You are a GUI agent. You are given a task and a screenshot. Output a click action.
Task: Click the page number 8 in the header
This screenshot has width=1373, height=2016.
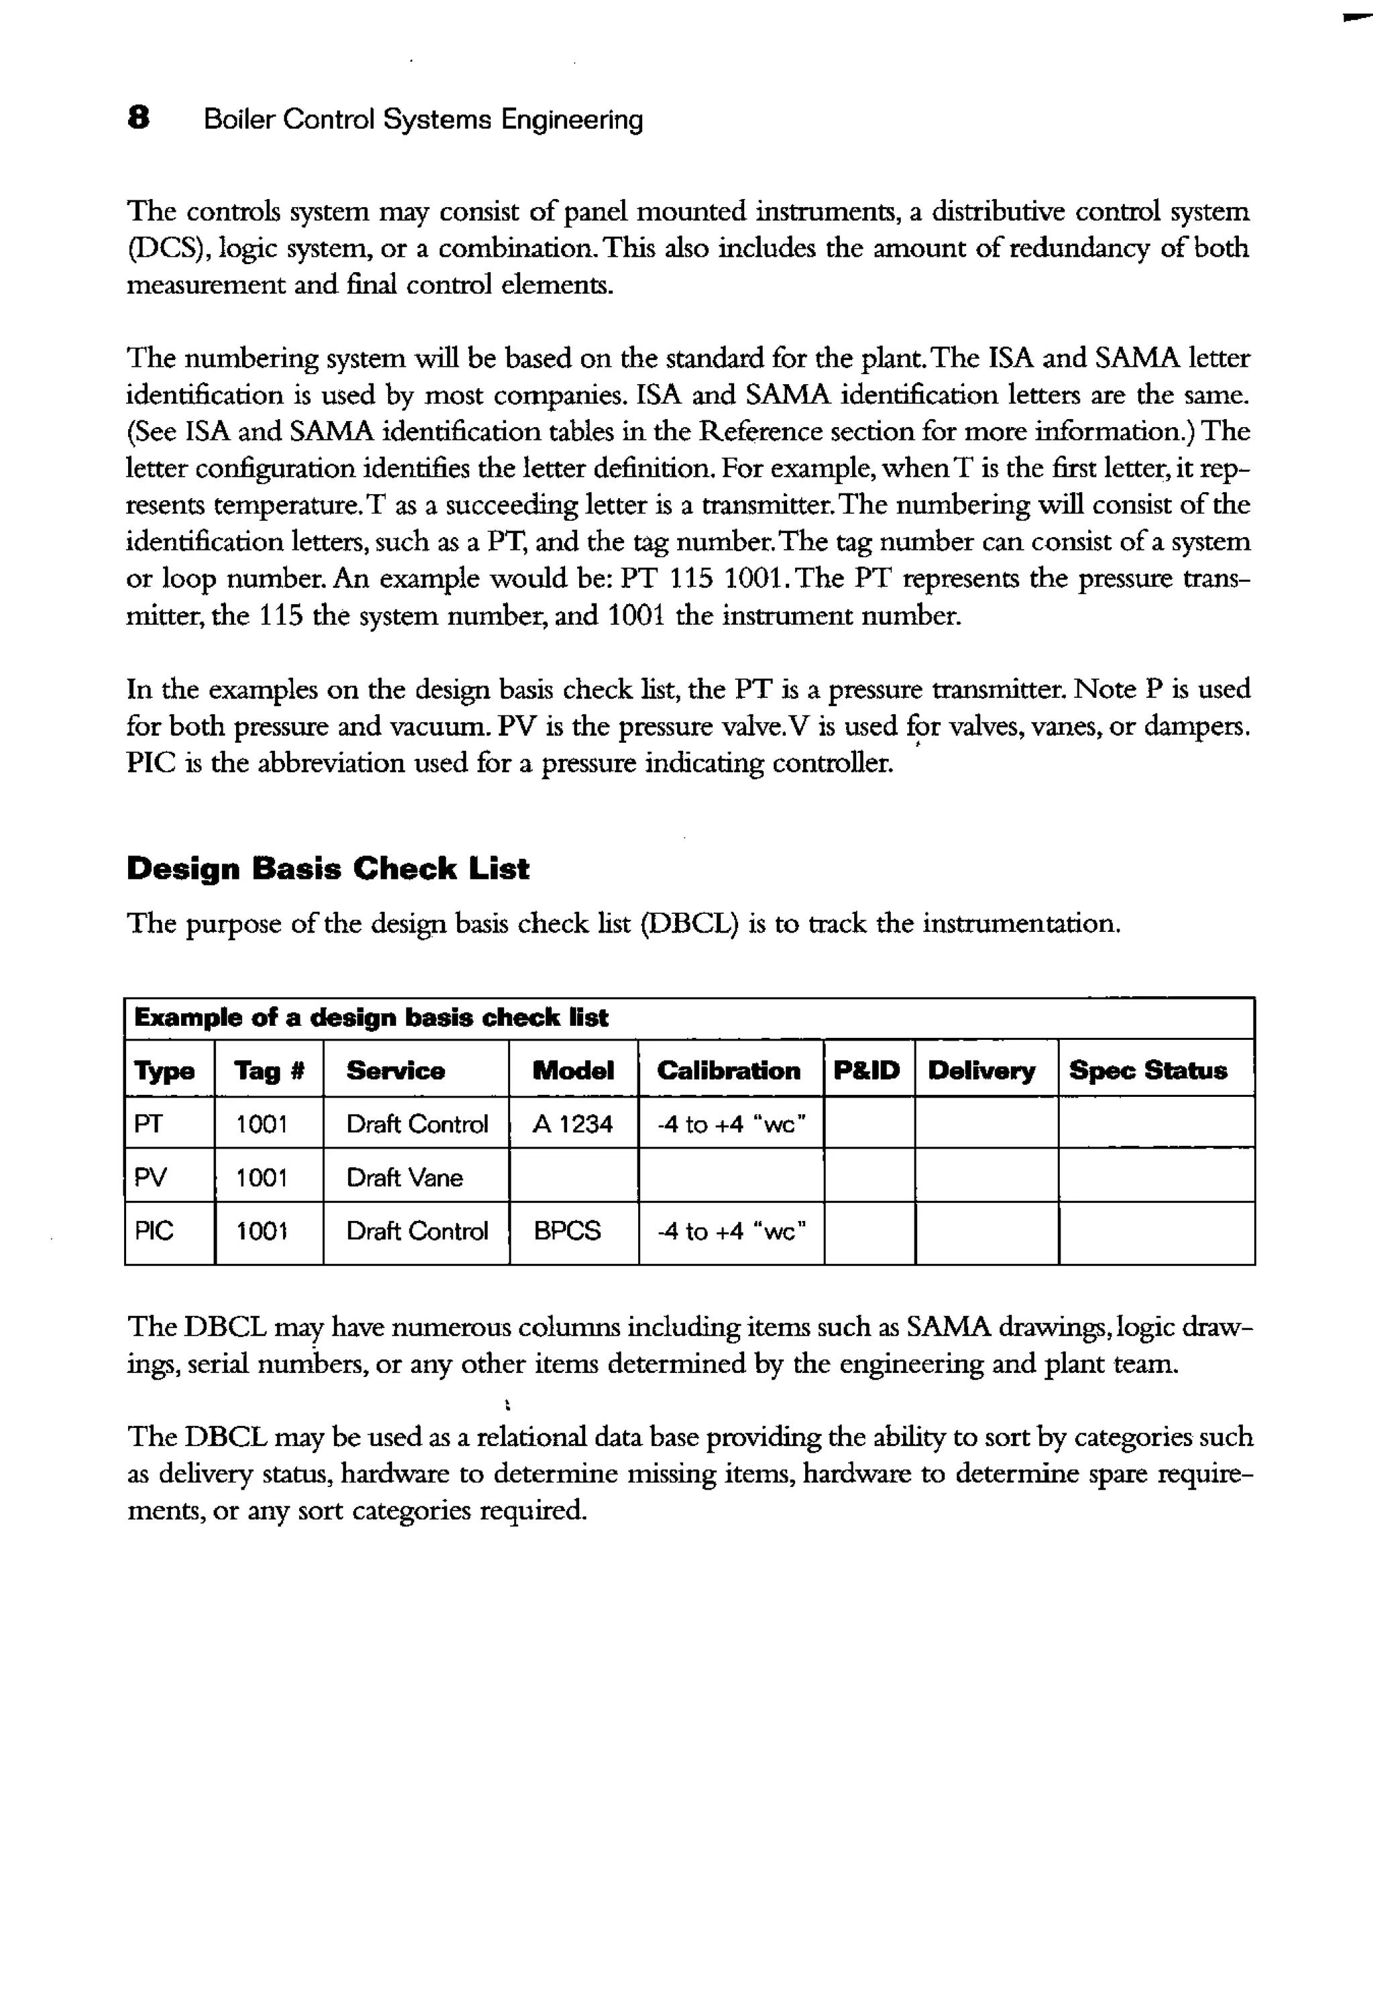point(138,118)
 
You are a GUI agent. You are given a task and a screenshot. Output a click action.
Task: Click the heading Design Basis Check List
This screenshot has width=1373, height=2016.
point(327,868)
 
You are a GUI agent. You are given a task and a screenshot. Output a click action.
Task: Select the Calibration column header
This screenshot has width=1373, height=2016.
point(729,1071)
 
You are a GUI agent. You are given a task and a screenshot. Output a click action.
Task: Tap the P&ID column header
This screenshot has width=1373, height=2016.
point(866,1071)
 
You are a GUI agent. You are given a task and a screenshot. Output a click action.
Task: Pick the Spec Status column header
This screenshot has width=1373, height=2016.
point(1148,1071)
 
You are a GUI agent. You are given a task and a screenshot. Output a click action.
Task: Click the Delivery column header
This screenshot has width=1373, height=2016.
point(982,1071)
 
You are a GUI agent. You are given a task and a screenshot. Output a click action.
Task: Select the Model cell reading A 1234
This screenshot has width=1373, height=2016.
point(573,1124)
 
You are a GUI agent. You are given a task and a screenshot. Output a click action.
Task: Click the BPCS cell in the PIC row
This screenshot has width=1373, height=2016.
point(567,1232)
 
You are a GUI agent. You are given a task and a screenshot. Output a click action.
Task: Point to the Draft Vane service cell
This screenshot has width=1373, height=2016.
point(404,1178)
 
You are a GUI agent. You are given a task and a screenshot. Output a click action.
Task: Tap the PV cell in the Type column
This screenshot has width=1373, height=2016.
point(151,1178)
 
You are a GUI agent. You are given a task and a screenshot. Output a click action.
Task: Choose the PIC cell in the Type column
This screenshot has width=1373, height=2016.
point(154,1232)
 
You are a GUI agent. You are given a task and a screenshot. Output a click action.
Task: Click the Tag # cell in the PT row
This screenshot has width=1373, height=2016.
point(262,1124)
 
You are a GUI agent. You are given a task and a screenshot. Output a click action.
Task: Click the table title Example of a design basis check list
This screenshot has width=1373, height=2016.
point(371,1018)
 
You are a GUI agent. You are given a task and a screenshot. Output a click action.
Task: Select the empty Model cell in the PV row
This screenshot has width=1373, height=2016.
point(573,1177)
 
